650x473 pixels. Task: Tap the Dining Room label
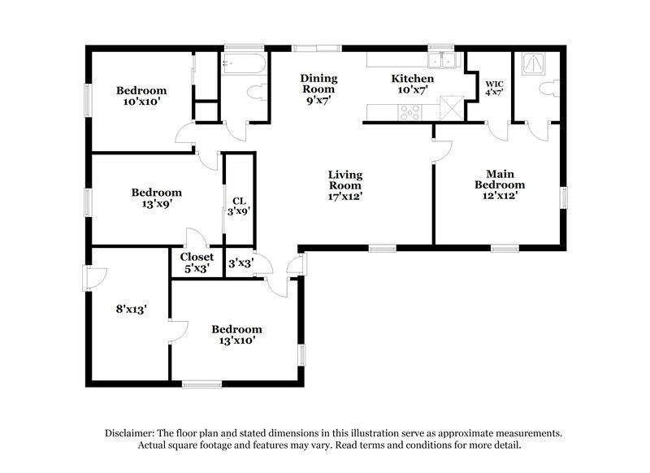point(319,85)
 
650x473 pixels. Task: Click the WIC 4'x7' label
point(494,88)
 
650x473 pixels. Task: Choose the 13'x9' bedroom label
point(157,198)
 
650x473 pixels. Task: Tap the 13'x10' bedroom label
point(236,335)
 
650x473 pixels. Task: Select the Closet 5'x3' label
point(197,262)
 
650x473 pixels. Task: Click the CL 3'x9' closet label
point(239,205)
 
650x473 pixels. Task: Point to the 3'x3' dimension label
point(239,263)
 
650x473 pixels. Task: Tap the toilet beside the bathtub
point(258,93)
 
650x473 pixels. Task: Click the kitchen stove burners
point(409,112)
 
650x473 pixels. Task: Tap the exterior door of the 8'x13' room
point(89,280)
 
